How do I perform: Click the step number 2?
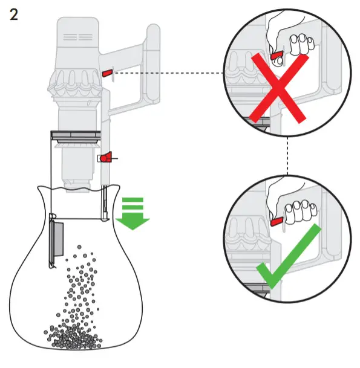[x=13, y=15]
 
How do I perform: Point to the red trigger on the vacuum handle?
[x=108, y=73]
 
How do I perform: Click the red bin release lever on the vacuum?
[x=105, y=158]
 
